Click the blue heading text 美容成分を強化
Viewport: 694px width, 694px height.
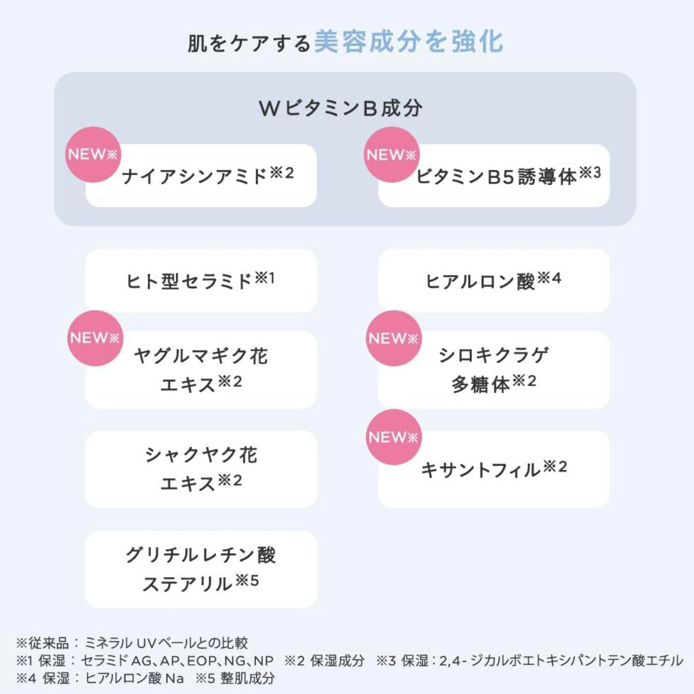[409, 42]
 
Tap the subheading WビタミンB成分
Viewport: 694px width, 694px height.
[341, 108]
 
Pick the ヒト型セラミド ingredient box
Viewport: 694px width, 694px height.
[201, 281]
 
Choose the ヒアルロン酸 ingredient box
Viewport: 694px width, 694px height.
[493, 281]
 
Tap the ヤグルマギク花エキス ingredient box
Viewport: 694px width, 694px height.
[201, 369]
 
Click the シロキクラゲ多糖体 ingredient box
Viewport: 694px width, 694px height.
[493, 369]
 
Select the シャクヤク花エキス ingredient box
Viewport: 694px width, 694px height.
[201, 469]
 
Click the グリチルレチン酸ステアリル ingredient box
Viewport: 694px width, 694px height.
[201, 569]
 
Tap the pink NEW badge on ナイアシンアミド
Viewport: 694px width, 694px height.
[93, 154]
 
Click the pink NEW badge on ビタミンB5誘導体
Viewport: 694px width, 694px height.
[391, 154]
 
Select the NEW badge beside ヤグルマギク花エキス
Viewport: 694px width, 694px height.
[95, 338]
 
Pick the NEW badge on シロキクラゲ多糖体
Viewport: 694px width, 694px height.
[394, 338]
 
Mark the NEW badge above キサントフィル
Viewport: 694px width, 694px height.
[394, 437]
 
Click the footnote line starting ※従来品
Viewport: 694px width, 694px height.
[132, 643]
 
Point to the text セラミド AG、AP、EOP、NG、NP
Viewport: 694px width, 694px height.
[177, 661]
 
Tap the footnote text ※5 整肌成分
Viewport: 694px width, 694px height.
[235, 678]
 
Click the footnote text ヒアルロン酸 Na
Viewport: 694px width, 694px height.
[135, 678]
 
